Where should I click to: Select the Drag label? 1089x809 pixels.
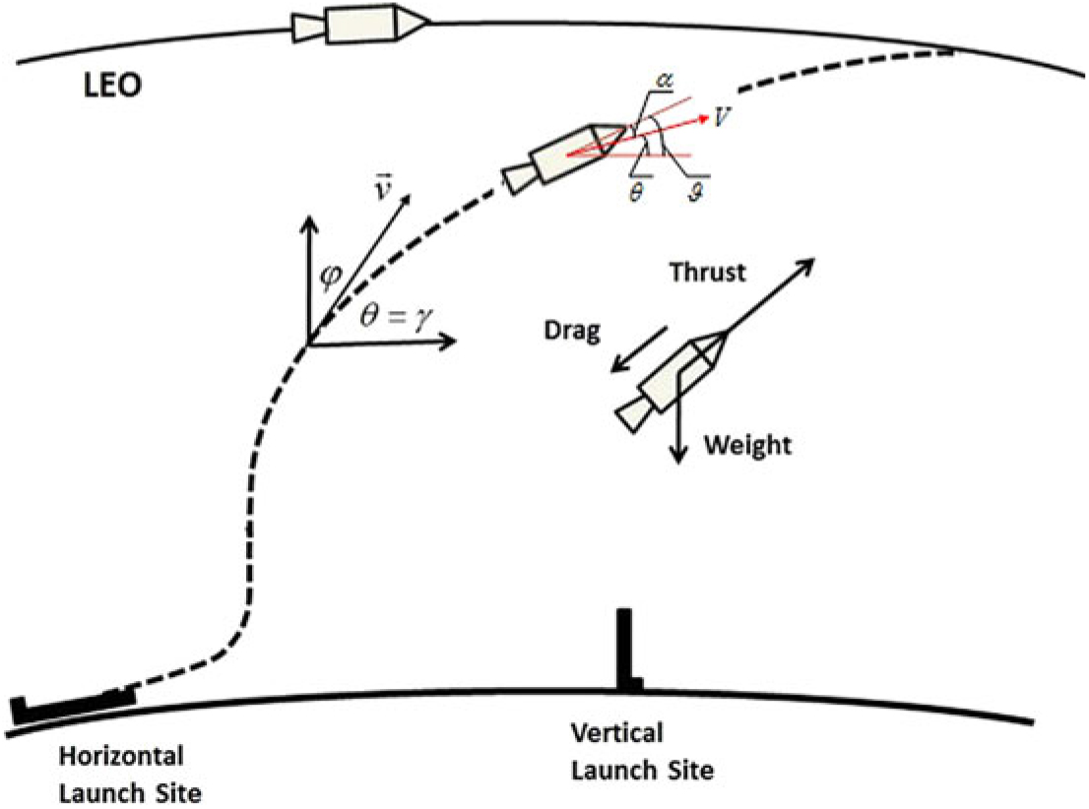tap(572, 332)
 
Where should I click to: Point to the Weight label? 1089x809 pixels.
tap(747, 446)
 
